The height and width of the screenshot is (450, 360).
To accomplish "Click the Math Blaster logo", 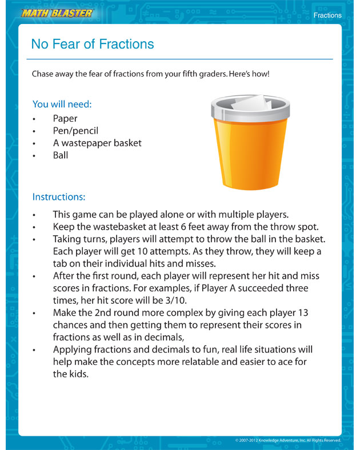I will (55, 13).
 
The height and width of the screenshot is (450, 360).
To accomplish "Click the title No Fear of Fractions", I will (93, 44).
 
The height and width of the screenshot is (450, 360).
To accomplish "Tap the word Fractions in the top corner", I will (327, 15).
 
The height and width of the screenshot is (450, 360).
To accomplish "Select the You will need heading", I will (62, 105).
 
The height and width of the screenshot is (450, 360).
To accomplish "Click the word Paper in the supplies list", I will (65, 119).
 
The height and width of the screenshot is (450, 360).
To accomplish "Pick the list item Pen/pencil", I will (75, 131).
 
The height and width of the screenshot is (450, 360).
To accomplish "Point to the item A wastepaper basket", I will (97, 143).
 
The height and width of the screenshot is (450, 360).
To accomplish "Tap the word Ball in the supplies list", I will (61, 155).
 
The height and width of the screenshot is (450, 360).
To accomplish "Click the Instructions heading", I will (59, 197).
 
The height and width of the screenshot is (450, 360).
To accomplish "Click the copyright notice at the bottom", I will (288, 440).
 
